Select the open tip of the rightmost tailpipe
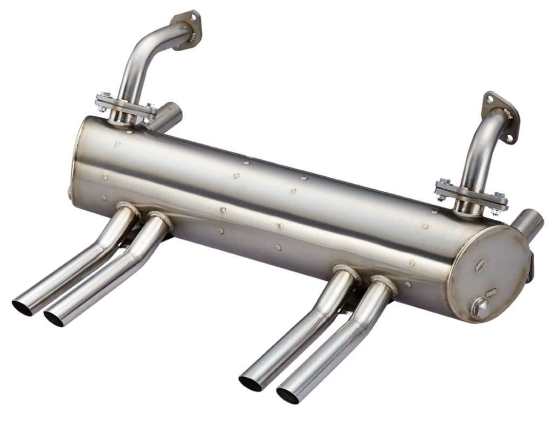[288, 395]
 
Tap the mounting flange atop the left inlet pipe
[186, 29]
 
